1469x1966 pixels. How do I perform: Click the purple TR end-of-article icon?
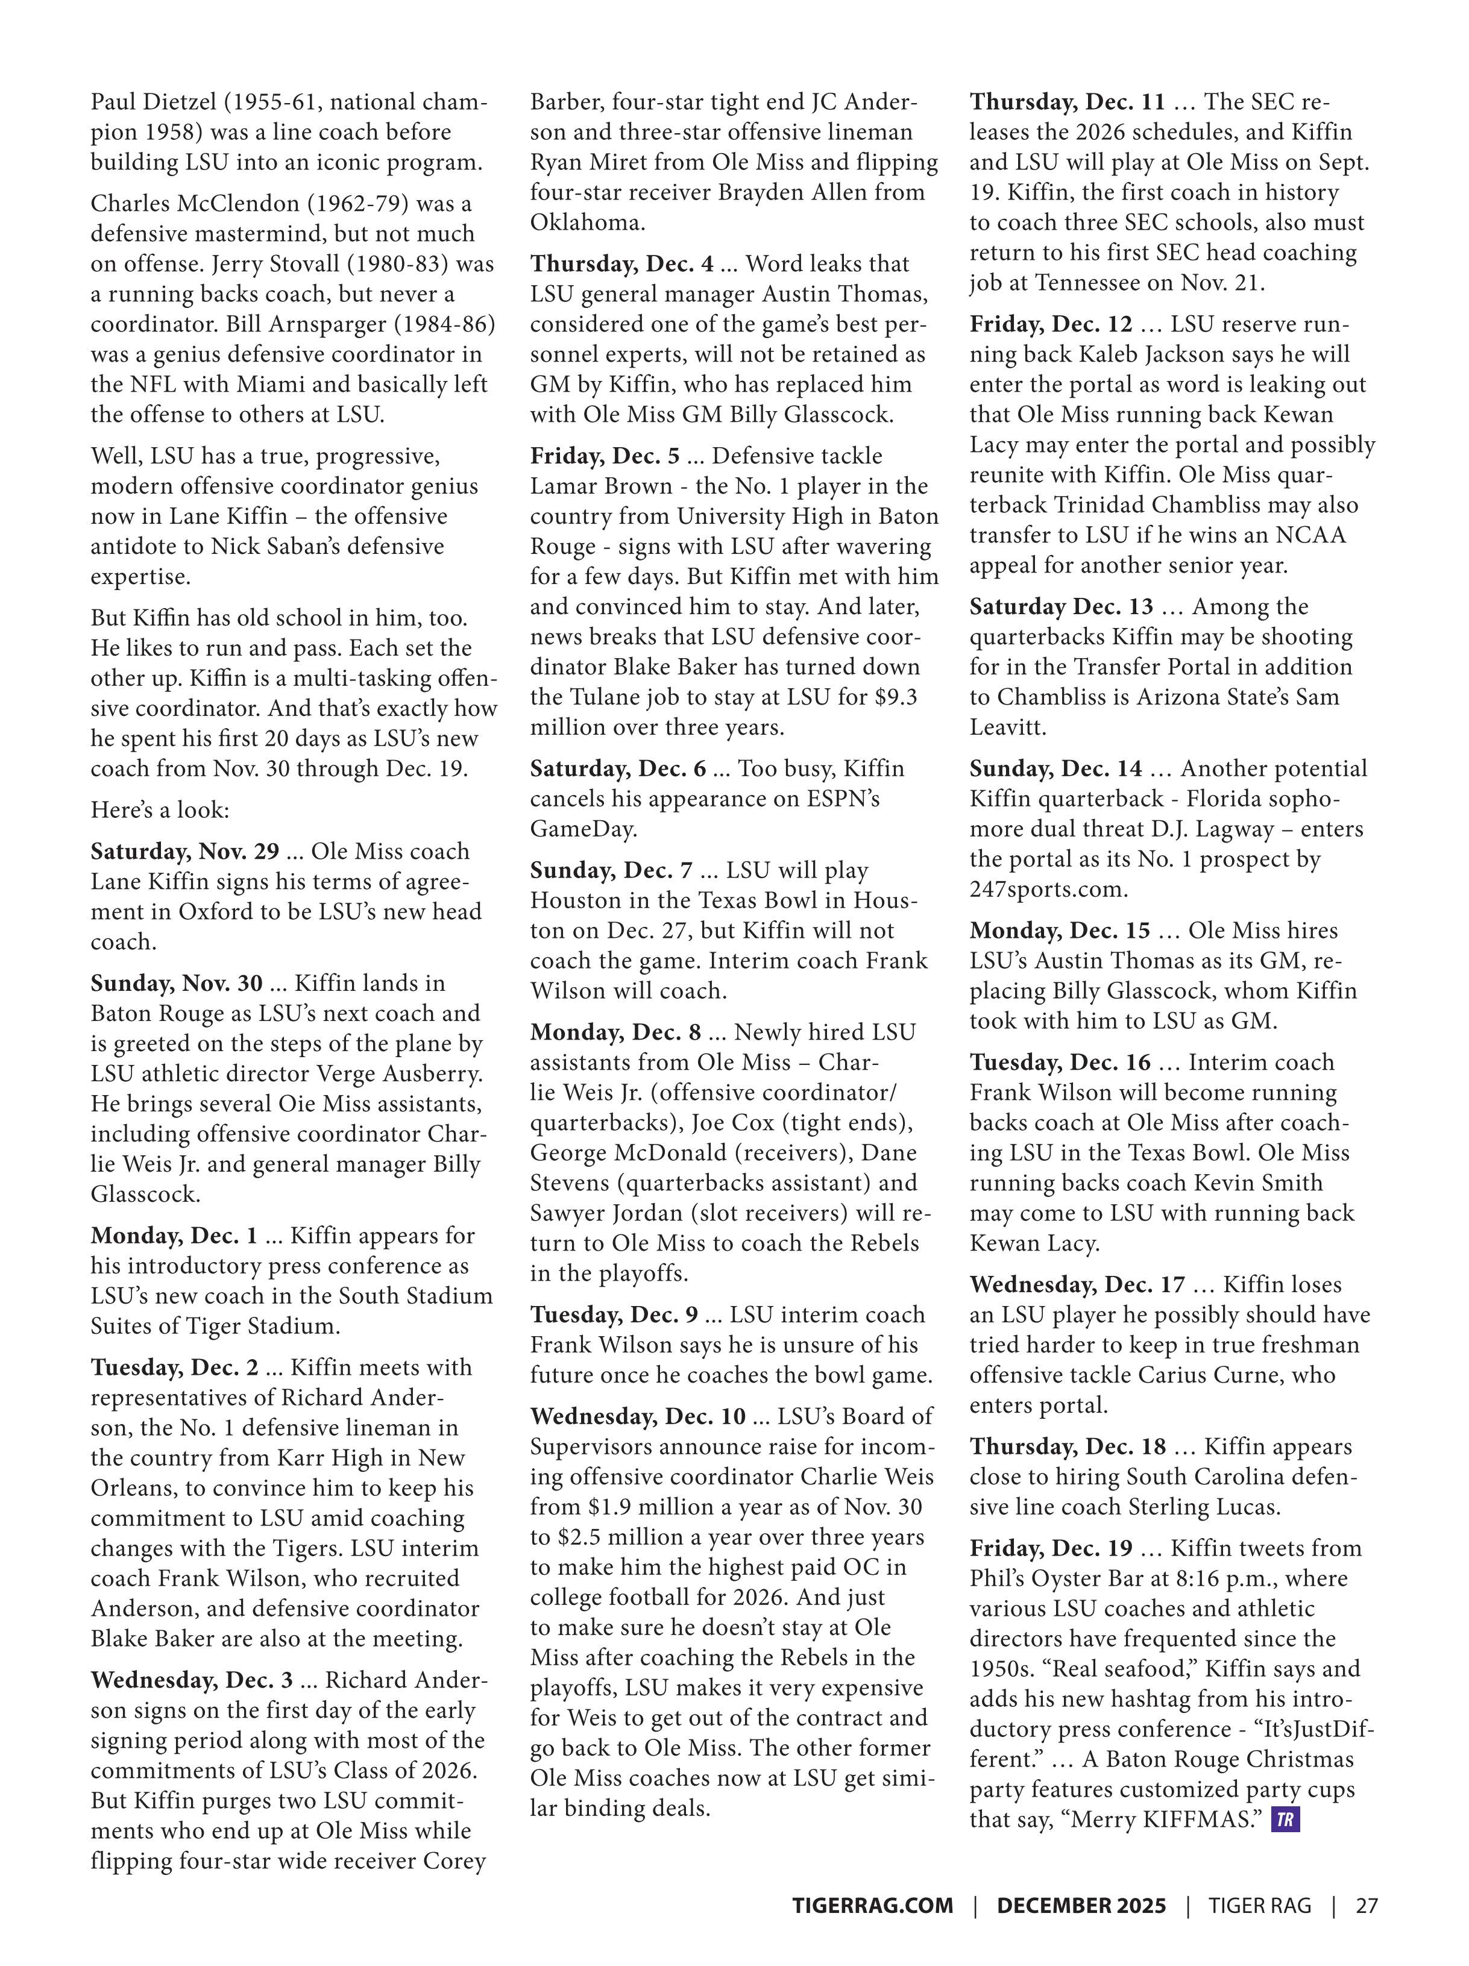[x=1285, y=1820]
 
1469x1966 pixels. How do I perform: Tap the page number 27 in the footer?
[x=1366, y=1905]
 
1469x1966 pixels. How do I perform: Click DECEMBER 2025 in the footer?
[x=1081, y=1905]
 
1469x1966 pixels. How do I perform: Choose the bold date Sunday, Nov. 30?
[x=176, y=983]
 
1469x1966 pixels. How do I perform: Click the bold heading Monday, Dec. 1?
[x=173, y=1236]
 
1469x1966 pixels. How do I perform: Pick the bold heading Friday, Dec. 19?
[x=1051, y=1548]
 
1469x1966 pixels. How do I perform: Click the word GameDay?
[x=583, y=829]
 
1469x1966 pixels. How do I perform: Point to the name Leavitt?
[x=1007, y=727]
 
